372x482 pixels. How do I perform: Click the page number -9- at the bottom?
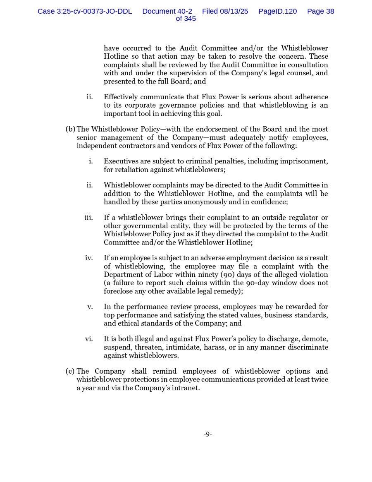(x=207, y=434)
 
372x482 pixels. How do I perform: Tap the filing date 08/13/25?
(x=234, y=11)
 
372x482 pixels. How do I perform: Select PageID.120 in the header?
(x=277, y=11)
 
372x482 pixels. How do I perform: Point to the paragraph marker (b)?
(x=70, y=129)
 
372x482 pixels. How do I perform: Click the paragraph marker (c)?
(x=70, y=371)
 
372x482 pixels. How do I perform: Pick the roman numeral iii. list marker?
(x=88, y=218)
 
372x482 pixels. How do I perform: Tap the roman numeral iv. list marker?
(x=89, y=258)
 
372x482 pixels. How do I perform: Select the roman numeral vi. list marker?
(x=89, y=339)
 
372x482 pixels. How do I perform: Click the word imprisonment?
(x=304, y=161)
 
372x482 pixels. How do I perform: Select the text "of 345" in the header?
(x=186, y=19)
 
